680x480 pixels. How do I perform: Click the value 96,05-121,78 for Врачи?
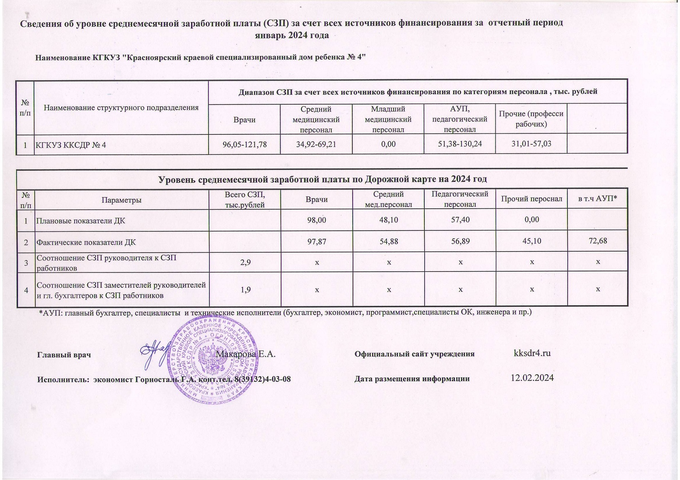click(244, 145)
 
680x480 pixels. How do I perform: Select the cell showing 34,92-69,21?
click(316, 144)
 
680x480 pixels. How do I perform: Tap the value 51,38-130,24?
click(460, 144)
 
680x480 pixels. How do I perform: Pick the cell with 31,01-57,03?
click(531, 144)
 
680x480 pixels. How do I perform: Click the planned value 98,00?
click(317, 220)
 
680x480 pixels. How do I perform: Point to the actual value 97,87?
click(317, 242)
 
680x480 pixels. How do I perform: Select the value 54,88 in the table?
click(388, 241)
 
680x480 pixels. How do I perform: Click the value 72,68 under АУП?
click(597, 241)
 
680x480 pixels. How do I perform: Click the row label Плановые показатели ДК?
click(81, 221)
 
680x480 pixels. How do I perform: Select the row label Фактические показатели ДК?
click(86, 242)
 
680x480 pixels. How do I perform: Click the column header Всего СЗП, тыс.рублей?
click(245, 200)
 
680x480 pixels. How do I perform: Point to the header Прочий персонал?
click(531, 199)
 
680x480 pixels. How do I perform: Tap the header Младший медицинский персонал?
click(388, 119)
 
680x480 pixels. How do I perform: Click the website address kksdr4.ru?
click(532, 353)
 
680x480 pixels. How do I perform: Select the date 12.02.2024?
click(532, 377)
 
